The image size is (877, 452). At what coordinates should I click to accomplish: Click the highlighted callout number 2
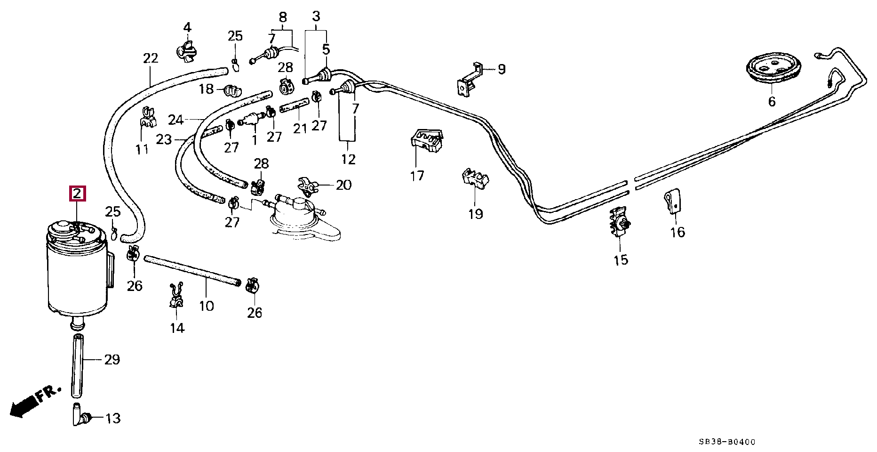coord(78,194)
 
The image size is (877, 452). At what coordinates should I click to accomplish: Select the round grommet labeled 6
coord(771,71)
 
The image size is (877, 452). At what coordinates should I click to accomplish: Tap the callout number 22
coord(150,58)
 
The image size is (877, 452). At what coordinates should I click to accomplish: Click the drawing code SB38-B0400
coord(727,442)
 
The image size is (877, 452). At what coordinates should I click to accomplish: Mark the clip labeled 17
coord(427,140)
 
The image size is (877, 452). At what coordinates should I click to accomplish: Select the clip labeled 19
coord(475,179)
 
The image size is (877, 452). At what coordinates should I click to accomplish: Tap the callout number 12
coord(348,159)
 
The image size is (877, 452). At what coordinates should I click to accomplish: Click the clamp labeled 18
coord(232,89)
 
